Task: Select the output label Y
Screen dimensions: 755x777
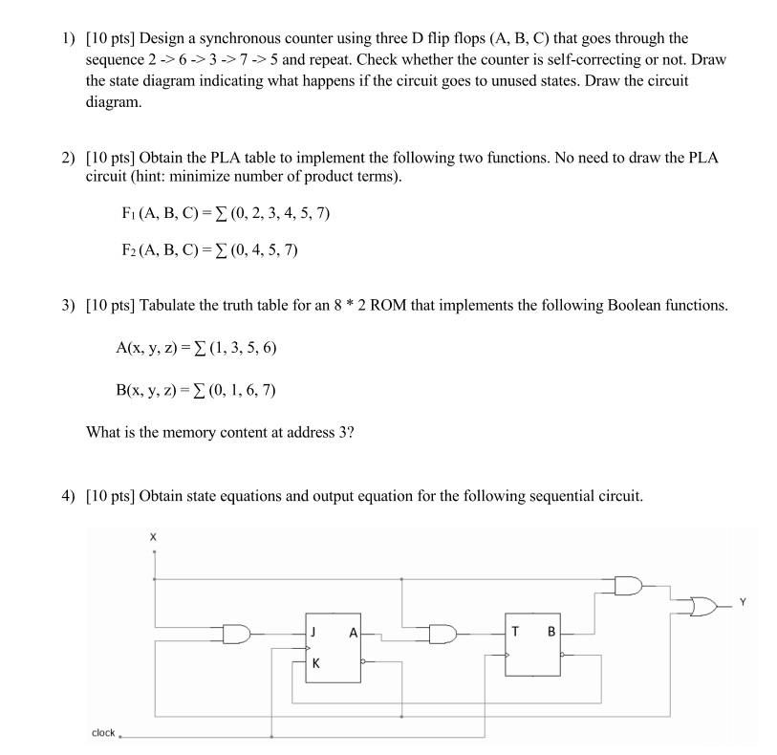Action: (x=741, y=602)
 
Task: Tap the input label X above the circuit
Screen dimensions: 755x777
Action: (x=153, y=538)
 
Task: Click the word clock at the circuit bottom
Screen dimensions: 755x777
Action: (x=103, y=733)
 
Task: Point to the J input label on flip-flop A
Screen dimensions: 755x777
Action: (x=313, y=631)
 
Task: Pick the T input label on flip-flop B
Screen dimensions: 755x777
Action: (x=515, y=631)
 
